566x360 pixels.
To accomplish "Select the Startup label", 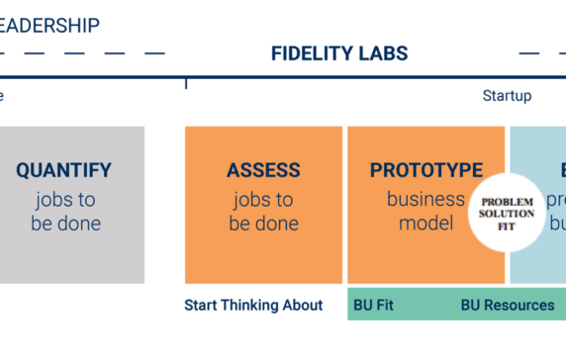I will (x=507, y=96).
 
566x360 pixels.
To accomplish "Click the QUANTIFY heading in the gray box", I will (x=63, y=170).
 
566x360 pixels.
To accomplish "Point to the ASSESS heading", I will (x=263, y=170).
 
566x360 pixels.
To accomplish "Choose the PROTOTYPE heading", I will (x=426, y=170).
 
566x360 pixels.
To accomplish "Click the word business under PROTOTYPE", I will (x=425, y=198).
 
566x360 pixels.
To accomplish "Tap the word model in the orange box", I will (x=425, y=224).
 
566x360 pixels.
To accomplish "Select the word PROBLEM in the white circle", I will (x=507, y=202).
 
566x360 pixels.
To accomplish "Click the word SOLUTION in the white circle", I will (x=507, y=214).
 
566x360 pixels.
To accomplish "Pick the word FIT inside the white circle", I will (x=507, y=225).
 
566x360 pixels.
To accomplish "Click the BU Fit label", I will (x=373, y=305).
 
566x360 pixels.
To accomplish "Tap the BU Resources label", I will (x=508, y=305).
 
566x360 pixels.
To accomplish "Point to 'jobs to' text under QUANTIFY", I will (x=65, y=198).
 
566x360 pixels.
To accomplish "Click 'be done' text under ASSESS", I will (x=263, y=224).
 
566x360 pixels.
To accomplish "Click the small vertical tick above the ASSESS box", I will (x=185, y=83).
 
